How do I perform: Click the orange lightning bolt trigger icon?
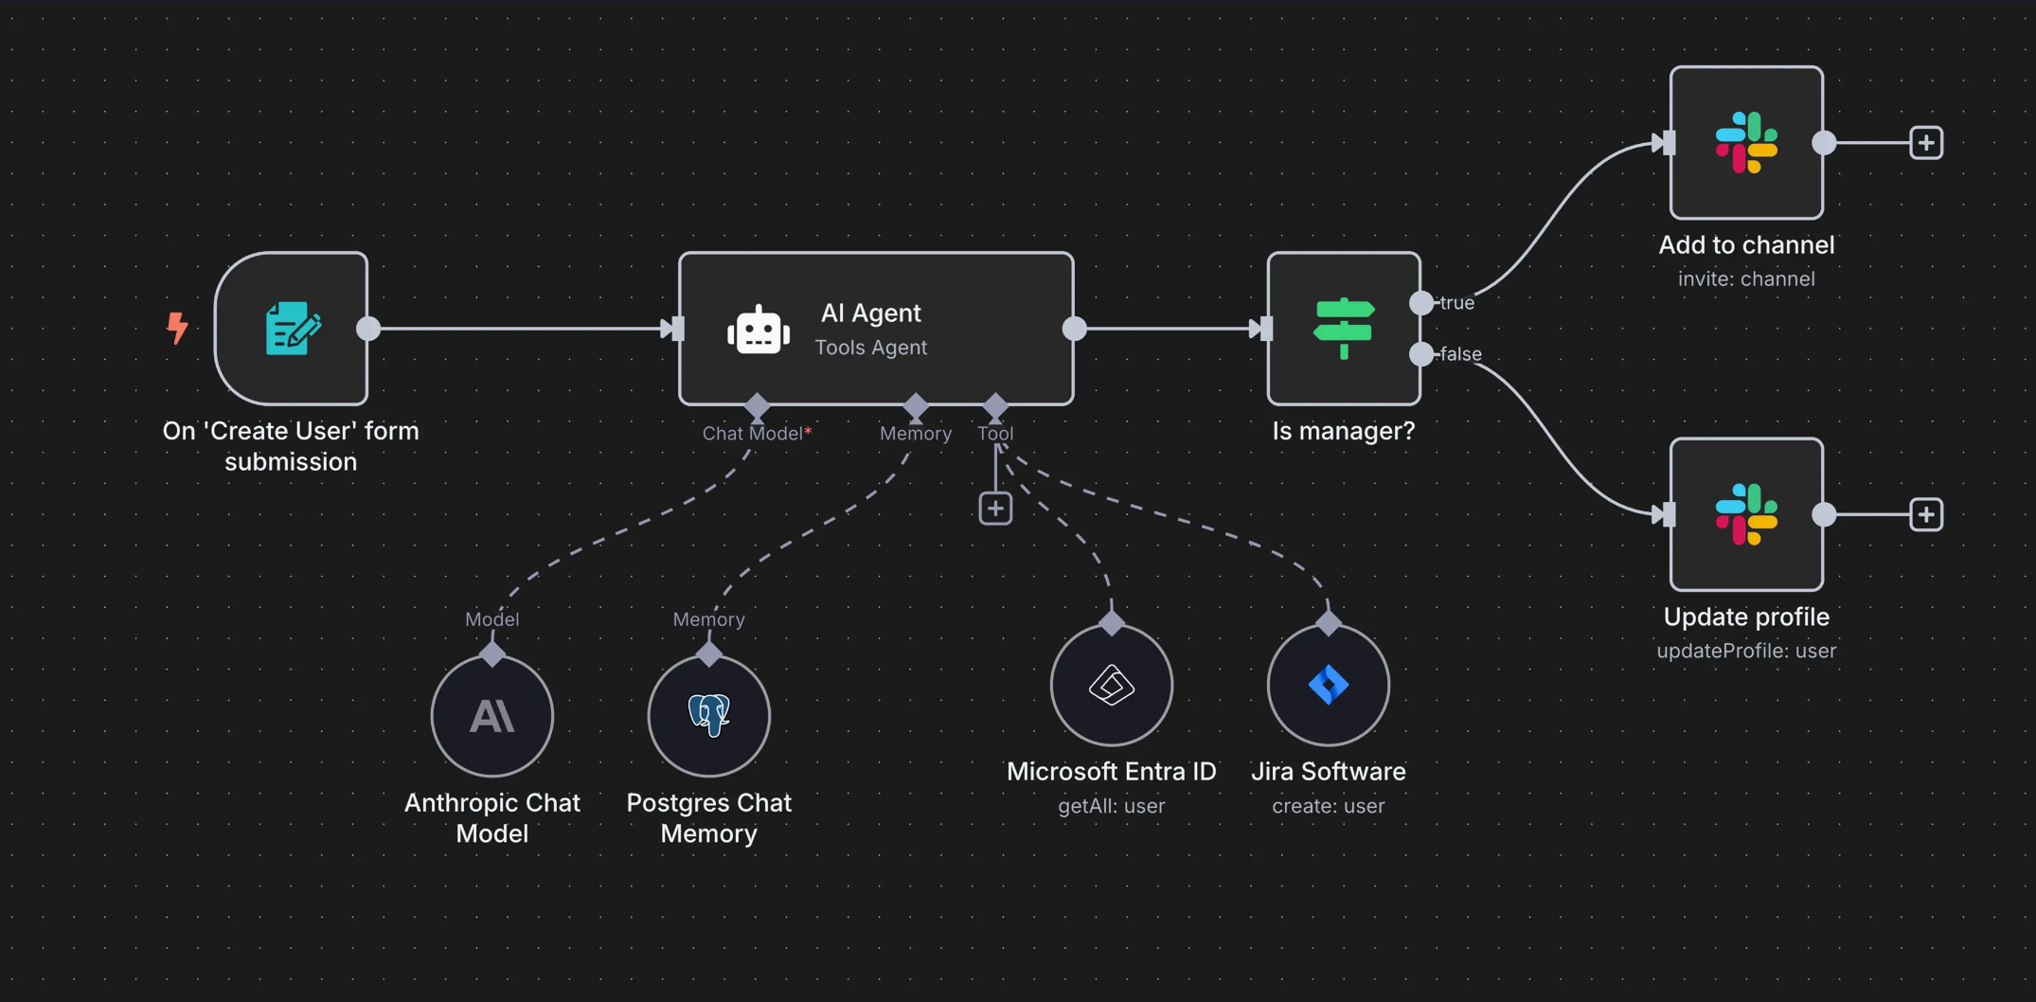coord(177,328)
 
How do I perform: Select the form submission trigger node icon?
coord(292,328)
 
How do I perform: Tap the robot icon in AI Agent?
coord(758,330)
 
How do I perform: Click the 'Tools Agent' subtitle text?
coord(870,348)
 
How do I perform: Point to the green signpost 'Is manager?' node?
coord(1343,328)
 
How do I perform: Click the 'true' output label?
coord(1456,303)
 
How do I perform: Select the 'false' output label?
coord(1460,354)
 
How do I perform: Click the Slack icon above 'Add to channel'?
coord(1746,143)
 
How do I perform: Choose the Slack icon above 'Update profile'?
coord(1746,514)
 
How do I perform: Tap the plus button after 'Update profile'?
coord(1925,514)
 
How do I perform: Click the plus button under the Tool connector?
coord(995,509)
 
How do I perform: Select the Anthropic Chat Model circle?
coord(492,716)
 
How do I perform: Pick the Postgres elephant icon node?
coord(708,716)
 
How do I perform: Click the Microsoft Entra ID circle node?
coord(1111,685)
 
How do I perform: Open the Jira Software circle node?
coord(1328,685)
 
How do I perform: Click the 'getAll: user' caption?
coord(1111,806)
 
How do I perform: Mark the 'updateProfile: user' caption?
coord(1745,651)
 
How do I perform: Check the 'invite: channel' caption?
coord(1745,279)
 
